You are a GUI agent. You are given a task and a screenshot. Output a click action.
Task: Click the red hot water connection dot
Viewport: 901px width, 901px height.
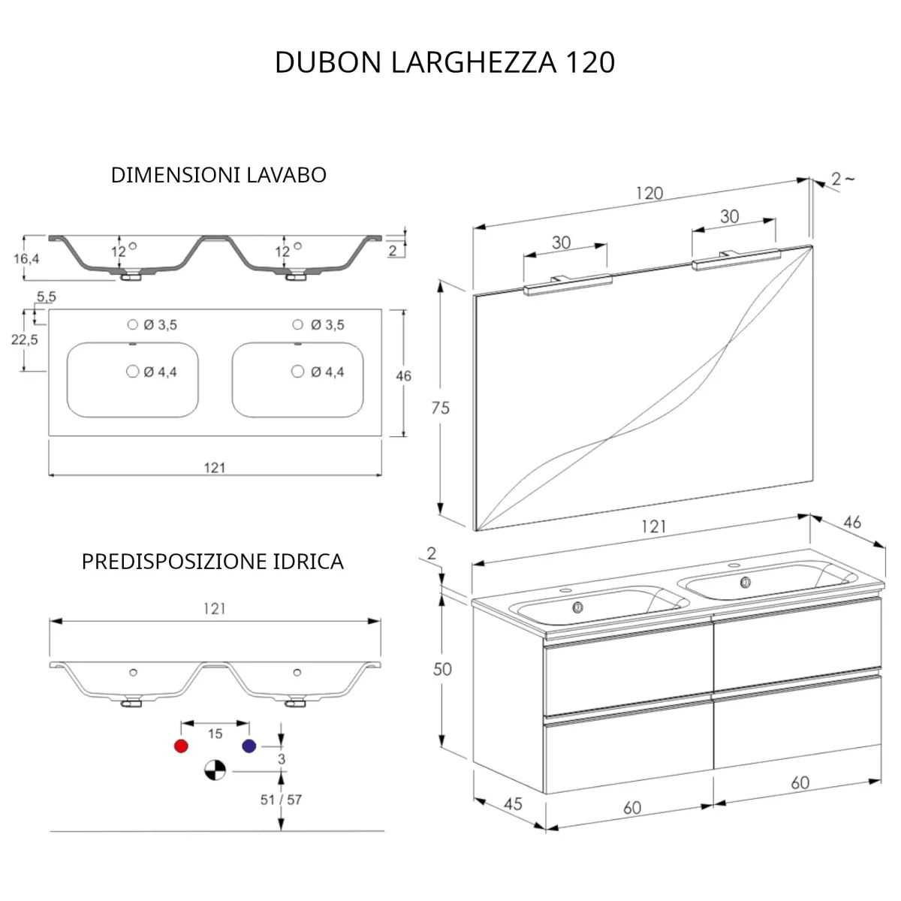(180, 746)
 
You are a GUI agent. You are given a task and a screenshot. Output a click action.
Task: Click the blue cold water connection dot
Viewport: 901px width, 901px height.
(249, 746)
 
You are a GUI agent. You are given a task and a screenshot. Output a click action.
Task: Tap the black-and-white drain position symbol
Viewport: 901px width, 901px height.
(215, 770)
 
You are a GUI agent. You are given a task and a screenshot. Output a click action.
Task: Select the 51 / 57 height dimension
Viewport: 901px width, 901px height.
(281, 800)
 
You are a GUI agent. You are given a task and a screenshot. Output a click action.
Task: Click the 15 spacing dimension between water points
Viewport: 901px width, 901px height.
(215, 733)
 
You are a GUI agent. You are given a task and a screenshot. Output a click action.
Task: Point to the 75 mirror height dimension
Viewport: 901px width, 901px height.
(441, 408)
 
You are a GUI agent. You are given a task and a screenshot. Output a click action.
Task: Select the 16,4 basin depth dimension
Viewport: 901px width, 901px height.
(26, 258)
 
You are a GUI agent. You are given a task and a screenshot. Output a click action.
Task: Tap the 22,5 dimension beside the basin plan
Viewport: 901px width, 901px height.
(24, 339)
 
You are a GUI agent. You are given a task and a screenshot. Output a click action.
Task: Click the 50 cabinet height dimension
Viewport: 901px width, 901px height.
(442, 668)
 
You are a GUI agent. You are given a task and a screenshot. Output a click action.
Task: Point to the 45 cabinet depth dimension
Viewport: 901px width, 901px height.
(512, 804)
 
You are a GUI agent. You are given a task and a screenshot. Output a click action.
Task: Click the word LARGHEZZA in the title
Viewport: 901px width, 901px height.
(473, 62)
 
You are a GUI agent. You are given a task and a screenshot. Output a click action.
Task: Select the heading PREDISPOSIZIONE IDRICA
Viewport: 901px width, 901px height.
(212, 562)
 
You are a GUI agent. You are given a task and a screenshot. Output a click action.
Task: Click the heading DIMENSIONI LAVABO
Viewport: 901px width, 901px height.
(218, 175)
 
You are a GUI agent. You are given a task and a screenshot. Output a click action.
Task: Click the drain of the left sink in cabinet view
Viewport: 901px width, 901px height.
(577, 607)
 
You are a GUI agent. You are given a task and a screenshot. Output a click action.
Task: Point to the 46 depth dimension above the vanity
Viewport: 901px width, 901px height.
(852, 523)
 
